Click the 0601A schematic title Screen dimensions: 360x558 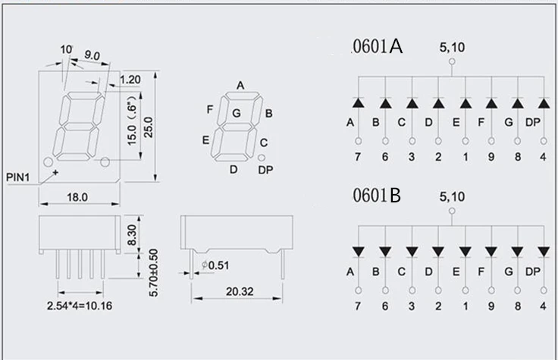click(x=377, y=48)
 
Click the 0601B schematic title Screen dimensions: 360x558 click(x=376, y=196)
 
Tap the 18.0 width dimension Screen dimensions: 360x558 click(x=78, y=197)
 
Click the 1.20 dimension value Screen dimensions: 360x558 click(x=130, y=79)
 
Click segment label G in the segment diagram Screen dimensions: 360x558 click(x=237, y=114)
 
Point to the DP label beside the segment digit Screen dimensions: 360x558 click(x=265, y=169)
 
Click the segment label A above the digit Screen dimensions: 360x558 click(x=240, y=86)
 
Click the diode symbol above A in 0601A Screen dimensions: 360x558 click(x=359, y=102)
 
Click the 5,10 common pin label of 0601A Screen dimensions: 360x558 click(x=453, y=48)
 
